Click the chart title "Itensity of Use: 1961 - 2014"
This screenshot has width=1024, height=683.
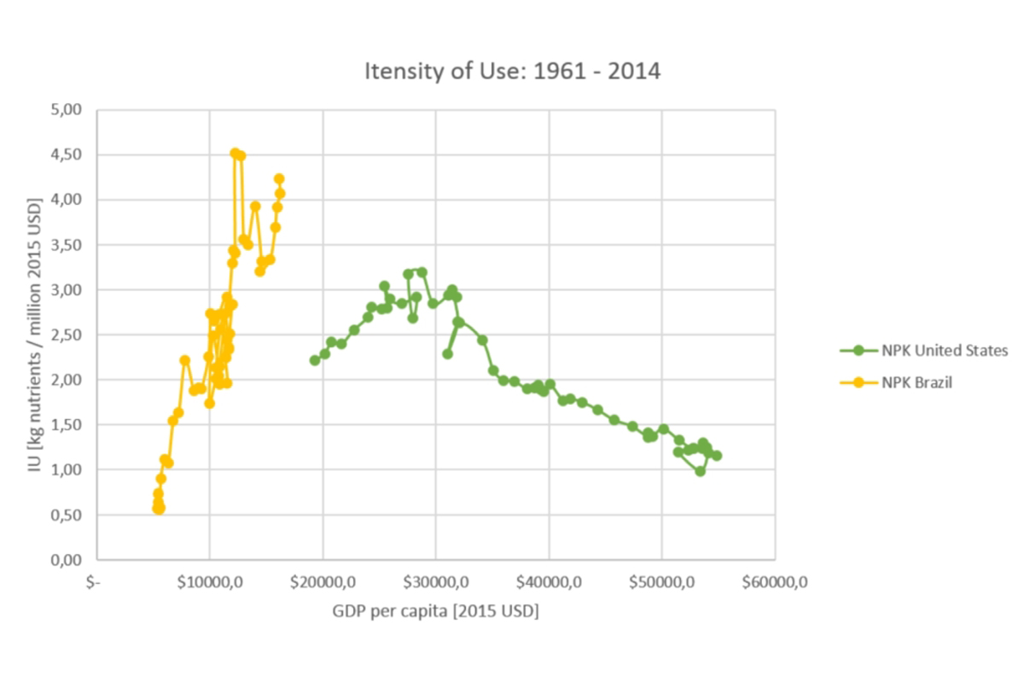click(512, 71)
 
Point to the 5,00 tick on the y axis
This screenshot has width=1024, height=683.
click(67, 109)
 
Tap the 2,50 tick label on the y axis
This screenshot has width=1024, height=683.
click(67, 335)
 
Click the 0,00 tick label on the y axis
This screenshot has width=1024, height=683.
click(67, 560)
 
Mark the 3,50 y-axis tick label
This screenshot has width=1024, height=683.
click(67, 244)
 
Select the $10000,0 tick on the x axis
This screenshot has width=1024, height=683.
click(210, 583)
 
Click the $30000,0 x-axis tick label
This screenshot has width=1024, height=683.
click(435, 583)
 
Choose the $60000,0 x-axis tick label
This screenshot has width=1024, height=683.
click(774, 583)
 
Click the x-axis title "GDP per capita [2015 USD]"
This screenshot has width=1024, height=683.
click(435, 612)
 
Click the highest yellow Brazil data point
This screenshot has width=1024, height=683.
click(236, 154)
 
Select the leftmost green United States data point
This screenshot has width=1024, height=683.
click(315, 360)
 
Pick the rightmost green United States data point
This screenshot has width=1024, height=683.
click(717, 456)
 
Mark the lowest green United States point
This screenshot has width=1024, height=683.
click(700, 471)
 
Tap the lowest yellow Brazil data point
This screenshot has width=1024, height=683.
click(159, 509)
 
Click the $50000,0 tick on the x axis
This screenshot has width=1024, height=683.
click(661, 583)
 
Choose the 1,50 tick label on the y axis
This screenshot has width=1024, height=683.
click(67, 424)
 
